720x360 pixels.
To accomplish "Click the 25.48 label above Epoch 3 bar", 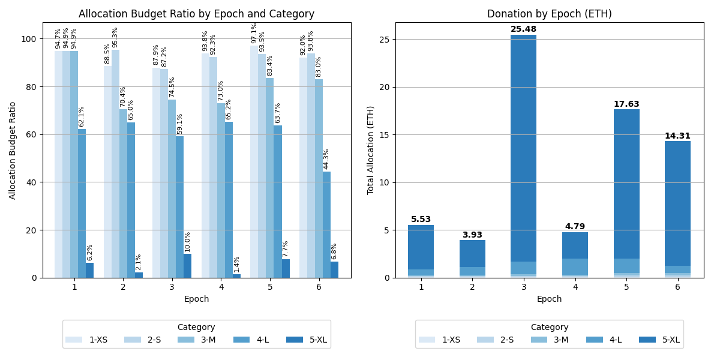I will pos(523,29).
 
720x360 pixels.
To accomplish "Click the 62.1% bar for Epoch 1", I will pos(82,203).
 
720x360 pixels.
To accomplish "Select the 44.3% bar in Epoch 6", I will pos(326,224).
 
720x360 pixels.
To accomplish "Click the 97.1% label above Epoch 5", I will pos(254,34).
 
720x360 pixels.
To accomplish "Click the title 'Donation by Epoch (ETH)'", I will pos(549,14).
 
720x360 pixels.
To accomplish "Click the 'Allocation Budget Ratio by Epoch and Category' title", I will pos(196,14).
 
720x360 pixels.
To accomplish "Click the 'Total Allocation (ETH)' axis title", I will pos(371,150).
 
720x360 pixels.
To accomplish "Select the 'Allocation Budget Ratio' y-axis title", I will pos(13,150).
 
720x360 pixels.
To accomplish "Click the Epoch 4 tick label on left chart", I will pos(221,287).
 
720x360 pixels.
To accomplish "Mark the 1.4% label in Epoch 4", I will pos(237,265).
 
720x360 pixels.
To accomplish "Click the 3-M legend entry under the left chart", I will pos(200,340).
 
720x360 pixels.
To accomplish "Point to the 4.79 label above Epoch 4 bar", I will pos(575,227).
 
